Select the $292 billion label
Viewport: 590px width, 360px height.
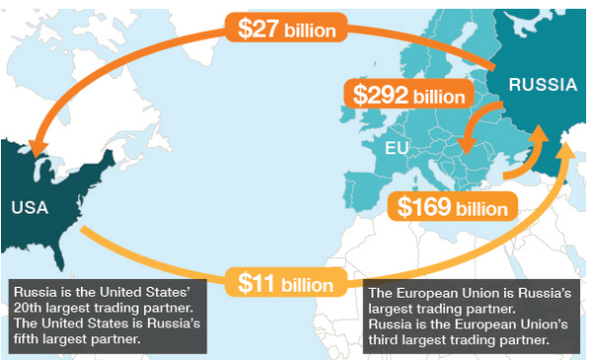(x=407, y=95)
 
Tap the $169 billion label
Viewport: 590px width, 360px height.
(x=454, y=207)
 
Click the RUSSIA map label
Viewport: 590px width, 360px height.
(x=542, y=86)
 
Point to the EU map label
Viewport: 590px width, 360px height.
(x=397, y=150)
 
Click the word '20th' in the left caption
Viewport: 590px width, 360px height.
(x=31, y=309)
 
